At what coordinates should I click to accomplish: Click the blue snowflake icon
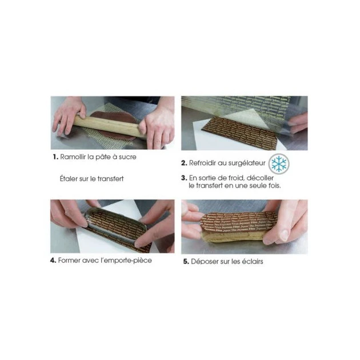click(279, 164)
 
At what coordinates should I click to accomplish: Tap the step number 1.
click(54, 157)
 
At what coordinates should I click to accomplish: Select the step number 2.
click(184, 163)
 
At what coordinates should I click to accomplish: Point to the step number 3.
click(184, 178)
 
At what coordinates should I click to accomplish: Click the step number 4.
click(54, 261)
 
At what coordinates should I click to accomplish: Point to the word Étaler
click(69, 178)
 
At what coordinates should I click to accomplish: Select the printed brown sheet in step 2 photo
click(240, 134)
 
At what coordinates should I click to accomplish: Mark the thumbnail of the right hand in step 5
click(284, 235)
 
